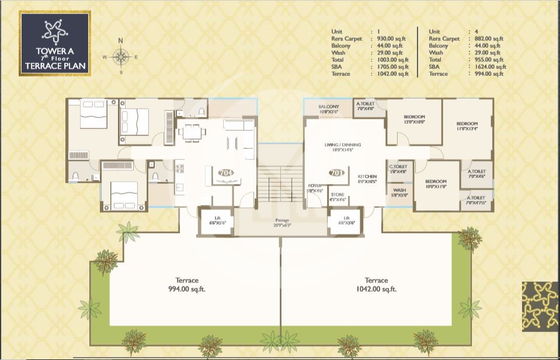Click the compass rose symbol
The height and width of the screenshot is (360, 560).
pos(121,57)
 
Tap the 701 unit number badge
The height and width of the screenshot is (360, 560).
pos(336,173)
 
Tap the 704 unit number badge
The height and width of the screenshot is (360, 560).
pos(224,173)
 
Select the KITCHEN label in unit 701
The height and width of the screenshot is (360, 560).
pos(367,179)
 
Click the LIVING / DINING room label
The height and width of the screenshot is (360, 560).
pos(343,147)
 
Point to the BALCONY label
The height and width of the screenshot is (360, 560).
pos(329,109)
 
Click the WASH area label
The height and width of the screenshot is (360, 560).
pos(399,193)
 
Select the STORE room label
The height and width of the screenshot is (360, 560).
pos(338,197)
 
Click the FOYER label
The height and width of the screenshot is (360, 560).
pos(315,188)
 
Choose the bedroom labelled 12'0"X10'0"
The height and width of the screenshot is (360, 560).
pos(413,120)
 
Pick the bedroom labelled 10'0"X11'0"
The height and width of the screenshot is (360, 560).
pos(436,184)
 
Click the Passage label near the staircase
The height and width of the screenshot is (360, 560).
pos(283,222)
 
